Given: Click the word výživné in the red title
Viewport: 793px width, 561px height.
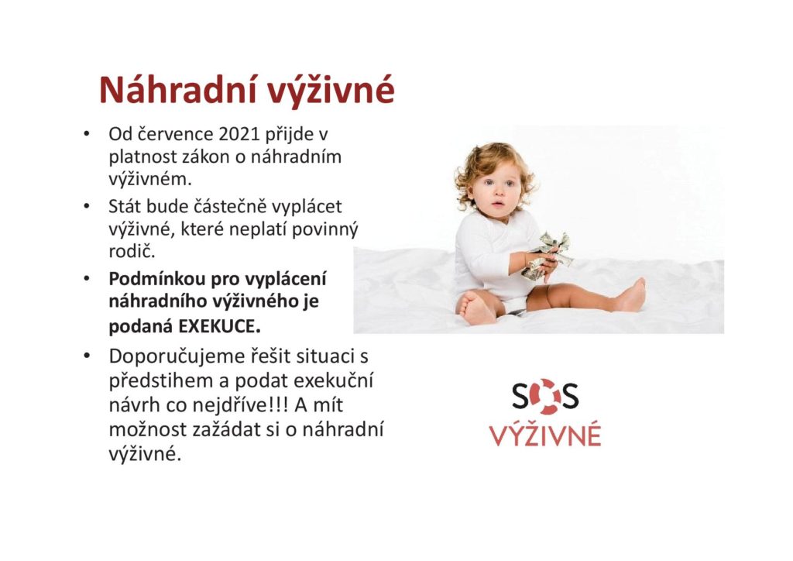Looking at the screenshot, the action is click(x=330, y=92).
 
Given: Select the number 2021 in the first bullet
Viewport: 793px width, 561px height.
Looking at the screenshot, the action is click(x=239, y=135).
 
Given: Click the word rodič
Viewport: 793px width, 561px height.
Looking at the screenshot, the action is click(x=132, y=251).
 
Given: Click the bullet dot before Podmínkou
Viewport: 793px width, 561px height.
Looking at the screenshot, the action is click(x=87, y=279).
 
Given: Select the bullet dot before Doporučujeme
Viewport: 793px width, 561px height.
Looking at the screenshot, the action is click(x=87, y=356).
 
